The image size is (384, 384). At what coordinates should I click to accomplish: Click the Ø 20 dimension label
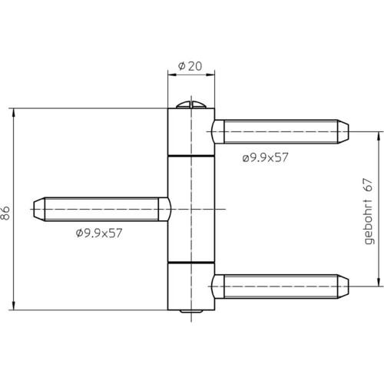point(190,66)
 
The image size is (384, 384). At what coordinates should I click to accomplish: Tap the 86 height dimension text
point(5,213)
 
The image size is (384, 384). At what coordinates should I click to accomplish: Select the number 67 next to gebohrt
point(369,185)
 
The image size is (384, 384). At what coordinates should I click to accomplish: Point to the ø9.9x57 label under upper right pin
point(265,157)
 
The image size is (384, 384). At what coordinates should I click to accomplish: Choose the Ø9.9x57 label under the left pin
point(99,233)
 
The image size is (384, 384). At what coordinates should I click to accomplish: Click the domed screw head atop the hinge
point(191,105)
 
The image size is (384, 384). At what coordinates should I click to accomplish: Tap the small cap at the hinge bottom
point(191,311)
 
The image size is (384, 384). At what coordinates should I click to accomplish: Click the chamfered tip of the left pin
point(39,209)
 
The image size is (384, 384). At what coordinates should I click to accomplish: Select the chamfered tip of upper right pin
point(343,131)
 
